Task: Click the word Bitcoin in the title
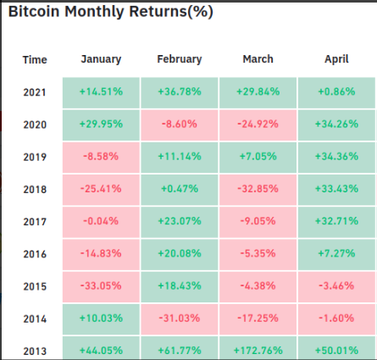coord(34,11)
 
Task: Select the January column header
coord(101,59)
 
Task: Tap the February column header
coord(180,59)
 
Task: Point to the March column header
coord(258,59)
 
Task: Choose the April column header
coord(336,59)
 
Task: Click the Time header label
coord(35,60)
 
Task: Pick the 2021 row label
coord(35,92)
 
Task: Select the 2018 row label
coord(35,190)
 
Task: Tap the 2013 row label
coord(35,352)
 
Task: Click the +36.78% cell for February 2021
coord(180,93)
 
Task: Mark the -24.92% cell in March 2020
coord(258,125)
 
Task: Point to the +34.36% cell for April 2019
coord(336,158)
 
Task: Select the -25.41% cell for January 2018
coord(101,190)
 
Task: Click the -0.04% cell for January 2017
coord(101,222)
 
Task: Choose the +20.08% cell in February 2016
coord(180,254)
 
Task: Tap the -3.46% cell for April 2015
coord(336,287)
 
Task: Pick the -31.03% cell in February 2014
coord(180,319)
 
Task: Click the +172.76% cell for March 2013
coord(258,348)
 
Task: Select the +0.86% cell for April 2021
coord(336,93)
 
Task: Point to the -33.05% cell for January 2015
coord(101,287)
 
